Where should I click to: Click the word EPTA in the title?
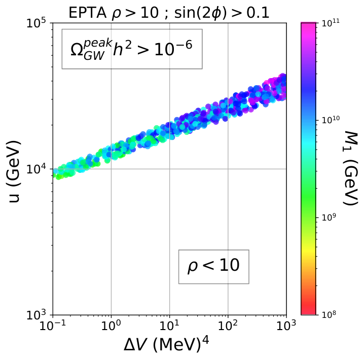[87, 13]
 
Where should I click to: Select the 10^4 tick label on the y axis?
[38, 169]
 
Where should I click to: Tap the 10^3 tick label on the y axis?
[38, 315]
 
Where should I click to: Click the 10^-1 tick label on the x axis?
[52, 325]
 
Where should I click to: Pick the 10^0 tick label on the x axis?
[111, 325]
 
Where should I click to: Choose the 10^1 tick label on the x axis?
[169, 325]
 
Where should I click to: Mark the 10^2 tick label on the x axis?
[228, 325]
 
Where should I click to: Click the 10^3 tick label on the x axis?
[286, 325]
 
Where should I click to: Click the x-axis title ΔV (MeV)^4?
[166, 344]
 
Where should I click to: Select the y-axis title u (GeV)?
[14, 171]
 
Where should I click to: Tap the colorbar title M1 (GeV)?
[350, 168]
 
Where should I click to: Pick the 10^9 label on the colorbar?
[329, 217]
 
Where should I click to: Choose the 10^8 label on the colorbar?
[329, 314]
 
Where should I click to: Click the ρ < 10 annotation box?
[213, 267]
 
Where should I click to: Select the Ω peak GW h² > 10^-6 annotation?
[132, 49]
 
